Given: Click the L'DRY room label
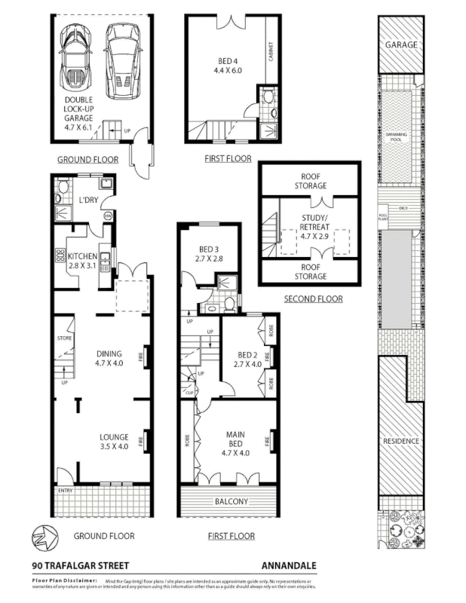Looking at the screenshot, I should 89,200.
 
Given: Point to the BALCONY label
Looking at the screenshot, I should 231,502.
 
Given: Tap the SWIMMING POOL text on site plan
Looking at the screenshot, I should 396,135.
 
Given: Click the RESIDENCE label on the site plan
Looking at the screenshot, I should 401,441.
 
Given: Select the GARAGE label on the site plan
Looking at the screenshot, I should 401,45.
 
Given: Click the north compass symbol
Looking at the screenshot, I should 43,537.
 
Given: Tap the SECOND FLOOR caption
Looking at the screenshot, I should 313,299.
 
